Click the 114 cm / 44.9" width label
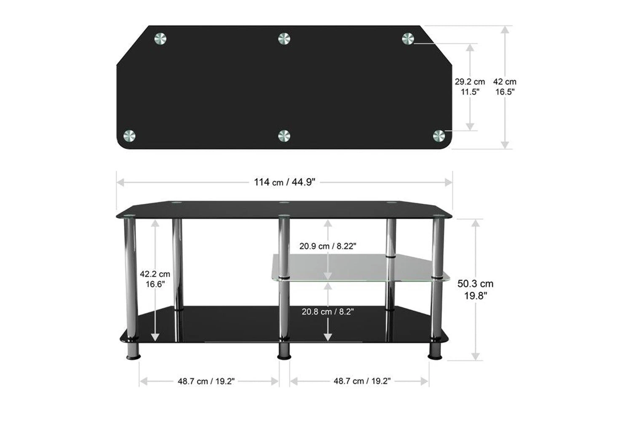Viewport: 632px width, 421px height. pyautogui.click(x=284, y=182)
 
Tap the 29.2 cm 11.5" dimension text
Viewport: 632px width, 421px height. pyautogui.click(x=470, y=87)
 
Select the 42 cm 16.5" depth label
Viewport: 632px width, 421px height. pyautogui.click(x=505, y=87)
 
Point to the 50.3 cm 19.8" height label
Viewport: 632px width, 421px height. pyautogui.click(x=475, y=290)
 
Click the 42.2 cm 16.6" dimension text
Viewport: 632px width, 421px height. pyautogui.click(x=155, y=279)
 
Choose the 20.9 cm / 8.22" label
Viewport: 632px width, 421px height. pyautogui.click(x=328, y=246)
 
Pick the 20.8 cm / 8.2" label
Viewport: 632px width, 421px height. pyautogui.click(x=327, y=312)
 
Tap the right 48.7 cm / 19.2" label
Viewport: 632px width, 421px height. pyautogui.click(x=362, y=381)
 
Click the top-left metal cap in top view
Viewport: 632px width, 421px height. pyautogui.click(x=161, y=39)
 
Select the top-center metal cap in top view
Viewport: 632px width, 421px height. pyautogui.click(x=284, y=39)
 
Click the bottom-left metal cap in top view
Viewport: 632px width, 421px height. pyautogui.click(x=129, y=136)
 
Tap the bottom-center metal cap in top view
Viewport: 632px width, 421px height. pyautogui.click(x=284, y=136)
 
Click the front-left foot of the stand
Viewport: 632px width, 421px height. pyautogui.click(x=133, y=351)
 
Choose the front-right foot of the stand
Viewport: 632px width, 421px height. pyautogui.click(x=436, y=351)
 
